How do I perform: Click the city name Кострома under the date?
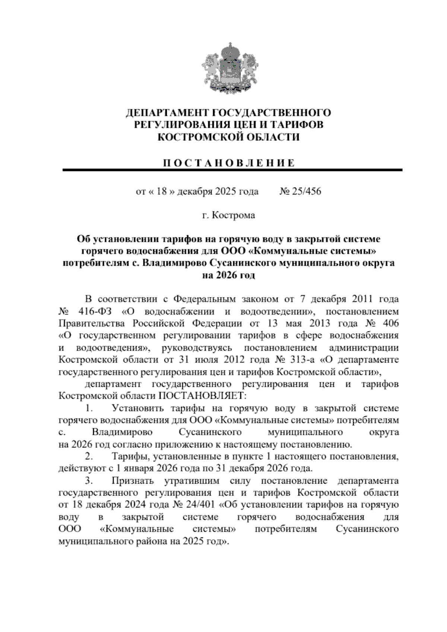tap(234, 215)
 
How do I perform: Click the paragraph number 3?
tap(89, 480)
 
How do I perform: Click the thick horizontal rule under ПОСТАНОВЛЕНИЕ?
tap(232, 170)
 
